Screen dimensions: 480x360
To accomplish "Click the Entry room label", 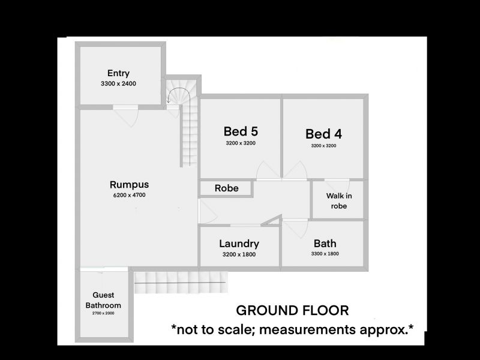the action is coord(118,73).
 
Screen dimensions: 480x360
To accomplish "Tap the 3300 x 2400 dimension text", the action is coord(118,83).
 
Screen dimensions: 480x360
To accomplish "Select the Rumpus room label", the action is coord(129,185).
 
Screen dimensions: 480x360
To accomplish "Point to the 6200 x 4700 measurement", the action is coord(129,195).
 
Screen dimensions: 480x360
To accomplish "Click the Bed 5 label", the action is coord(241,131).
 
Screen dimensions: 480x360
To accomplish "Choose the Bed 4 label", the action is coord(323,134).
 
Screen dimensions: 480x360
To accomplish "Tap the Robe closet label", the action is coord(227,188).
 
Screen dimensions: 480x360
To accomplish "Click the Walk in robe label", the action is coord(339,201).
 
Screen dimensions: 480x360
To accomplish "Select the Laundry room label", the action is coord(239,244).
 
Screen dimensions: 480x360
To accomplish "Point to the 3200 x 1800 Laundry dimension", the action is coord(239,254).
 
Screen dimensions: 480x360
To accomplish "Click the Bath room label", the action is coord(325,244).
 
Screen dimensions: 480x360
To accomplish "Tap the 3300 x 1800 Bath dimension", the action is coord(325,253).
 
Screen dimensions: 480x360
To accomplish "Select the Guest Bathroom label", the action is coord(103,300).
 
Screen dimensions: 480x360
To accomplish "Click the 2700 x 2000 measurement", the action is coord(103,313).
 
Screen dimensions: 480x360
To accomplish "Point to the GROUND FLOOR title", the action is coord(292,310).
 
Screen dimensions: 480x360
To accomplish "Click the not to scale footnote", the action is coord(292,329).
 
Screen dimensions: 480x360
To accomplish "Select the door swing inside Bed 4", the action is coord(295,170).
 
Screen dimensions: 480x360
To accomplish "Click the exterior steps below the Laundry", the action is coord(181,282).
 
